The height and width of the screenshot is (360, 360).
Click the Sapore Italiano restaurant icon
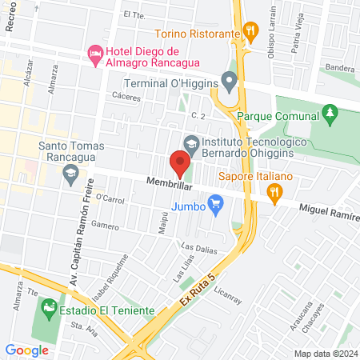[x=275, y=190]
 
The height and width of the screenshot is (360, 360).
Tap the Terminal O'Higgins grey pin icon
[x=230, y=80]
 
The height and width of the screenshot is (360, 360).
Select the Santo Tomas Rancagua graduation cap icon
[x=70, y=172]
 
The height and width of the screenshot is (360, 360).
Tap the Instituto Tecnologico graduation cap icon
[x=190, y=144]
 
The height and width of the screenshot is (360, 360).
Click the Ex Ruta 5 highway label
[x=192, y=293]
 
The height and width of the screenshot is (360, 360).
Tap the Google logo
[x=26, y=350]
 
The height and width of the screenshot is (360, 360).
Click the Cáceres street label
[x=126, y=98]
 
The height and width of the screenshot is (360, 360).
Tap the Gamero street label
[x=104, y=225]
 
